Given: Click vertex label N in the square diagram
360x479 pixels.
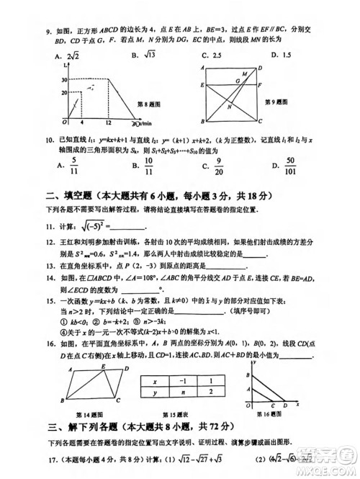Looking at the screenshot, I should tap(229, 107).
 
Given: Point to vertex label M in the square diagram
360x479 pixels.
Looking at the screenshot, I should tap(244, 73).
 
